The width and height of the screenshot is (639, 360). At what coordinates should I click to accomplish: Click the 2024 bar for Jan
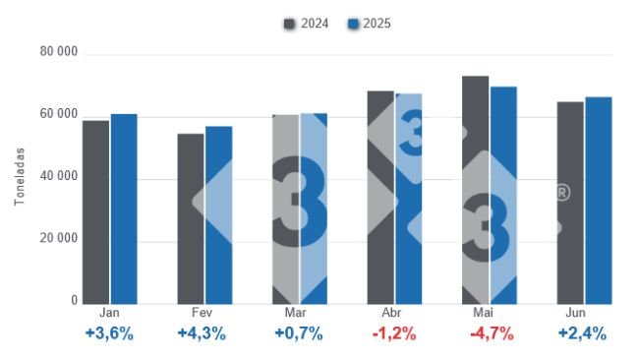point(95,211)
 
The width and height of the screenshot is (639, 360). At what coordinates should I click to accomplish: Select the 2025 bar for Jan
point(124,209)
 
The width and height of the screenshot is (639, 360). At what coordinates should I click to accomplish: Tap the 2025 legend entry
point(370,24)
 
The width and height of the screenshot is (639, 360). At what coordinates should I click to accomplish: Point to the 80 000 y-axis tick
point(59,51)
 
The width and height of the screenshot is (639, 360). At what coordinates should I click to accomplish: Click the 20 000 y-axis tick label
point(59,238)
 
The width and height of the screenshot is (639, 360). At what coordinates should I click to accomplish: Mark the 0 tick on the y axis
point(73,300)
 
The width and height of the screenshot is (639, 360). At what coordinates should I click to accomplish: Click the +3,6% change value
point(109,333)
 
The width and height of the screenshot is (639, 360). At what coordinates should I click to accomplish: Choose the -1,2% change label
point(394,333)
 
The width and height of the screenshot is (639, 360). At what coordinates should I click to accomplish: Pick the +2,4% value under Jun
point(582,333)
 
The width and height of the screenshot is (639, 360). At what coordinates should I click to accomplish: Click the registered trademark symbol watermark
point(562,193)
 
